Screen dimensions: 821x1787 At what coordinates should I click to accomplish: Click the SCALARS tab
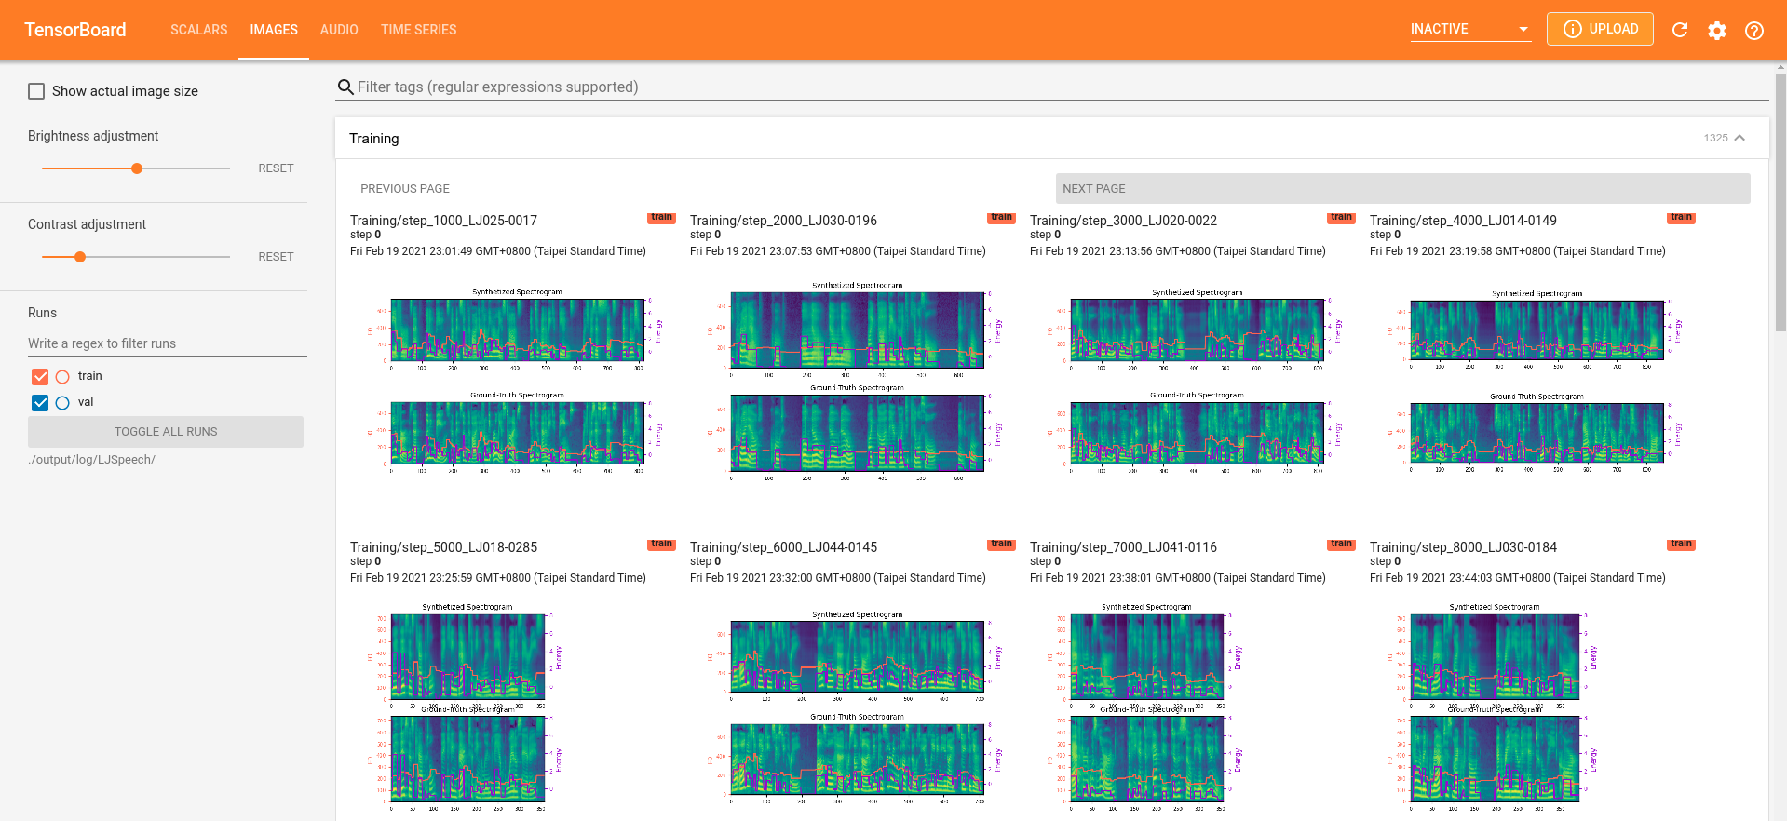click(198, 30)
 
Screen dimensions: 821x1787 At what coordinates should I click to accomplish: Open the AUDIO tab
click(339, 30)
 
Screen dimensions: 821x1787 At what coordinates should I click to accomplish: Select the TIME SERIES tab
click(418, 30)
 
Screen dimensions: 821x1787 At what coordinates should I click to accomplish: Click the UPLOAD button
click(1599, 29)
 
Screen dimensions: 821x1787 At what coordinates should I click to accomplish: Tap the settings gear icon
click(1716, 31)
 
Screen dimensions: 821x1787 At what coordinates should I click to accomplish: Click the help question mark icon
click(1753, 31)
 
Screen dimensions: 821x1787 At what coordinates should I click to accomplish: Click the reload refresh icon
click(1679, 30)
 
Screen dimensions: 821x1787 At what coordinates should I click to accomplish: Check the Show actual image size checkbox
click(36, 91)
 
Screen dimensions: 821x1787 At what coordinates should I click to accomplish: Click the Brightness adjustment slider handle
click(137, 168)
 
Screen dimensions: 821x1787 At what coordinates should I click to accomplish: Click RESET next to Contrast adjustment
click(276, 257)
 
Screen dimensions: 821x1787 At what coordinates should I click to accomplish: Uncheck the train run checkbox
click(40, 376)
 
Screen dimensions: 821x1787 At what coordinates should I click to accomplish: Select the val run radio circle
click(62, 403)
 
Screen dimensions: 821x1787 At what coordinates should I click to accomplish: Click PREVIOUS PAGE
click(405, 188)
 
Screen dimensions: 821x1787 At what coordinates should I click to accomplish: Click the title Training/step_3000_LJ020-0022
click(1123, 221)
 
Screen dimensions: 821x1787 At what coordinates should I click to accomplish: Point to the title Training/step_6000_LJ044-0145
click(783, 547)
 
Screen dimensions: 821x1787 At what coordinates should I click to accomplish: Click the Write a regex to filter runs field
click(166, 343)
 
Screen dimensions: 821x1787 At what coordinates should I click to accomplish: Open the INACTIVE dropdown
click(1469, 29)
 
